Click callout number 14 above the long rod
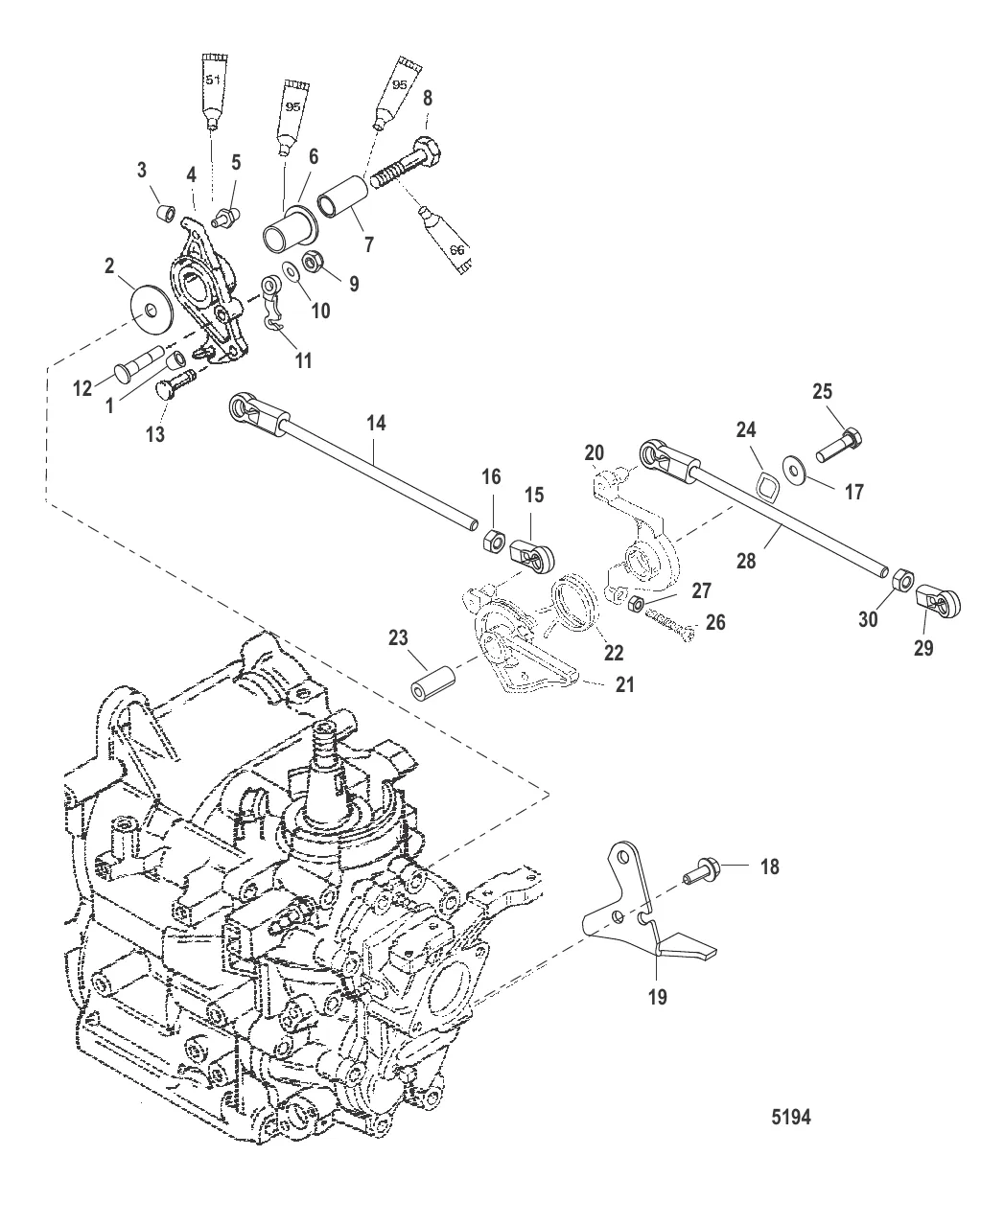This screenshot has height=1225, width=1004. pos(377,423)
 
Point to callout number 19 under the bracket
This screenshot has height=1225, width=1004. pos(658,996)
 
